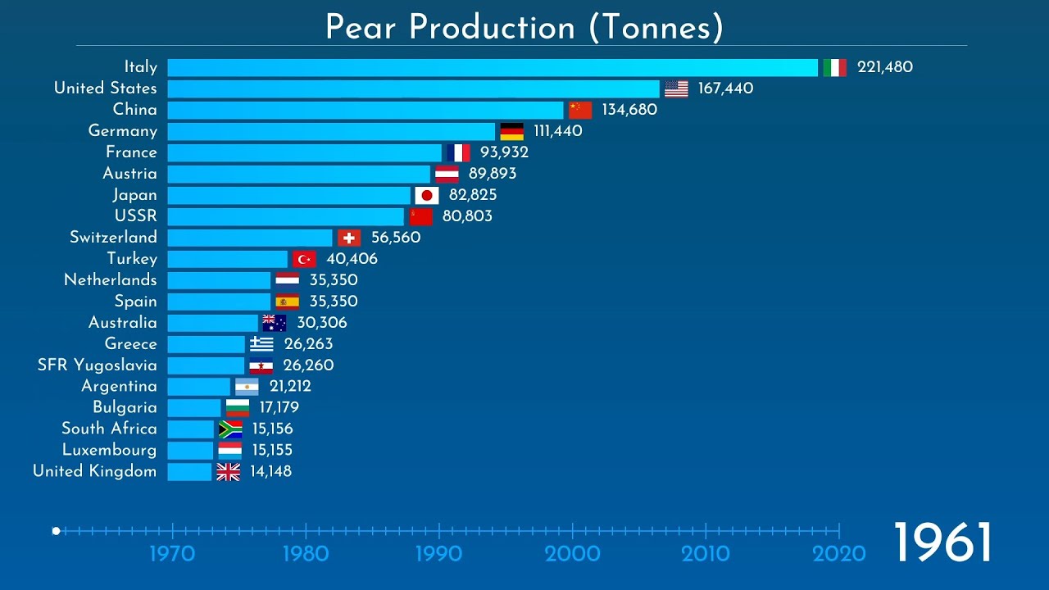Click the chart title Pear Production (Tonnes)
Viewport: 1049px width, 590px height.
524,27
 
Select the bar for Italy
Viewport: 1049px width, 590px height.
492,67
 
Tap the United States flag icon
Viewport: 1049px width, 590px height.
676,88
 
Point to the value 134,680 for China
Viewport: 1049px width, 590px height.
629,110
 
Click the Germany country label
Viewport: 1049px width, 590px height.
122,131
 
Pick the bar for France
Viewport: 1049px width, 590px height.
304,152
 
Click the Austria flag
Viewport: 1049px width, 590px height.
447,174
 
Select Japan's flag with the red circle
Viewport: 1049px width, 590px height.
426,195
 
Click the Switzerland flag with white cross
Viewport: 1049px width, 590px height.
349,238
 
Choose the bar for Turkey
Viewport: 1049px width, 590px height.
227,259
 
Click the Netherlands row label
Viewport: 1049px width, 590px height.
110,280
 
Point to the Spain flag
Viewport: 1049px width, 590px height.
287,302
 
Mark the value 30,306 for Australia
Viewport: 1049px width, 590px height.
321,323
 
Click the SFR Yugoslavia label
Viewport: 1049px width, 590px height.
97,365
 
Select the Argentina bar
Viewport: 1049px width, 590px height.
198,387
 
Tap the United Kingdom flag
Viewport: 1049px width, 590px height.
228,472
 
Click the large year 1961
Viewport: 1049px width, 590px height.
942,543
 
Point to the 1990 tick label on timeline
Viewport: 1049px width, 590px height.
439,554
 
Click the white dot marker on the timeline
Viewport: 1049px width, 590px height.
56,531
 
